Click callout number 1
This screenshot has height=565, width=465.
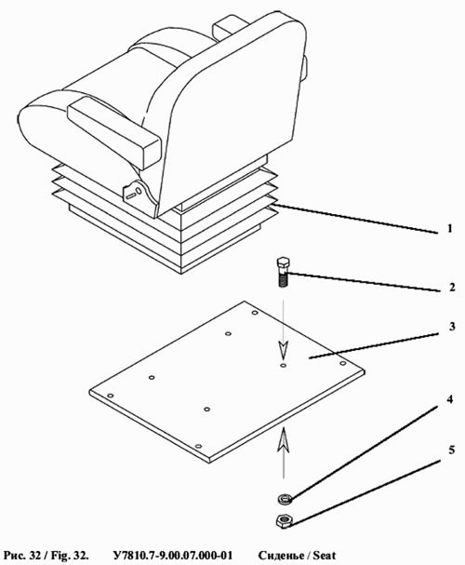pos(449,228)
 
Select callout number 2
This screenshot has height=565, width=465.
pos(451,288)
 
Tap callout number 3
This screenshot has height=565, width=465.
pos(452,326)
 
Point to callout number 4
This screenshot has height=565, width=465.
pos(449,399)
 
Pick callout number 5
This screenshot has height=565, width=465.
pos(451,450)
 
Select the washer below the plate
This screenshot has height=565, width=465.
pos(285,499)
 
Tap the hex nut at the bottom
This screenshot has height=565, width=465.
pos(285,520)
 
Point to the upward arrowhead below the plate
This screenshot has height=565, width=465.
pos(284,438)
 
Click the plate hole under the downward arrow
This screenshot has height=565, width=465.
pos(284,366)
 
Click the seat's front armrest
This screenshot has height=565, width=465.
pos(114,132)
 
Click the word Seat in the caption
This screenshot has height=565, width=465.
pos(325,556)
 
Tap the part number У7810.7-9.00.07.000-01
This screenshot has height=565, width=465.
pos(173,556)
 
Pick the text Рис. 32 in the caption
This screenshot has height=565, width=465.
pos(21,556)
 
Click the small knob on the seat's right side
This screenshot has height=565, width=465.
pos(306,68)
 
